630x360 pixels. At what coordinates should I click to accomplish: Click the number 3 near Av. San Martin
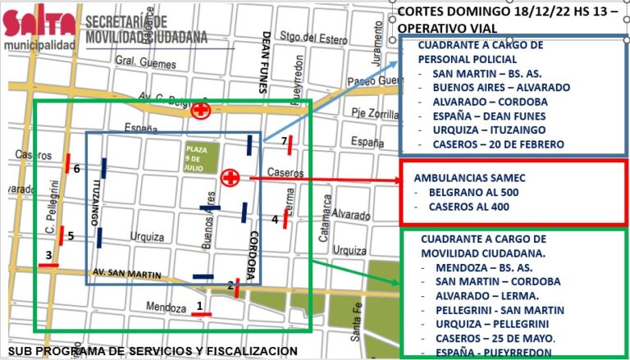coord(48,255)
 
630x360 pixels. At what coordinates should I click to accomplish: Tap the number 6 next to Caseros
coord(76,169)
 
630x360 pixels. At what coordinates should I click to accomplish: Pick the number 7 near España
coord(284,142)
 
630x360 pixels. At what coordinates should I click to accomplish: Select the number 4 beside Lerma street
coord(276,219)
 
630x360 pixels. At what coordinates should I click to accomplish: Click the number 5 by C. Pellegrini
coord(71,236)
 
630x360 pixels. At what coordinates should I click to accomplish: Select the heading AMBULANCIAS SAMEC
coord(468,177)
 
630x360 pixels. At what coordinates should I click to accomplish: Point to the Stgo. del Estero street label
coord(305,35)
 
